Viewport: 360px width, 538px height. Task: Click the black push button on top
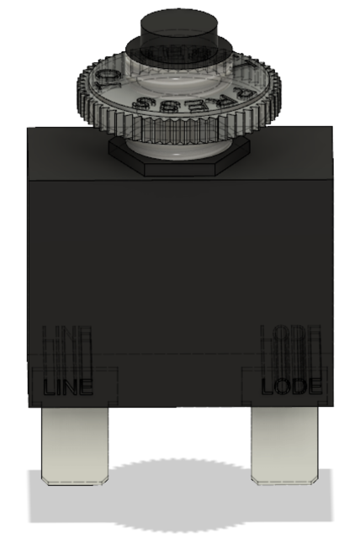pyautogui.click(x=180, y=25)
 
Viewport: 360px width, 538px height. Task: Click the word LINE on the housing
pyautogui.click(x=66, y=388)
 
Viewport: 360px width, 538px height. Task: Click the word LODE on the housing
pyautogui.click(x=291, y=388)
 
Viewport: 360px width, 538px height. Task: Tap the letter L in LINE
pyautogui.click(x=49, y=388)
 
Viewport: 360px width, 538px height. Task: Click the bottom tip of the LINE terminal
pyautogui.click(x=73, y=480)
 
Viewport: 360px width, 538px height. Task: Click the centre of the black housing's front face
pyautogui.click(x=180, y=269)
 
